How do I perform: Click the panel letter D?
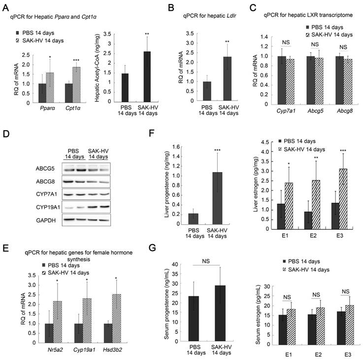click(x=6, y=120)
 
